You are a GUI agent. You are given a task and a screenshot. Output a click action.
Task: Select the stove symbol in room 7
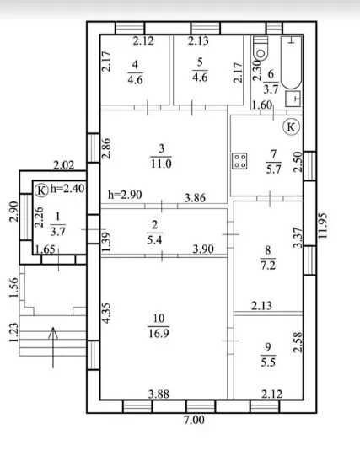pos(239,161)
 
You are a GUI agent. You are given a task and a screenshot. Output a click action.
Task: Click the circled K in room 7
pos(291,127)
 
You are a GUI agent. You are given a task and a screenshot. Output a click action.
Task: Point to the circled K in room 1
pos(41,190)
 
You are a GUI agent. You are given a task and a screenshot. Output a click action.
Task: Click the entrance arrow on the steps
pos(53,348)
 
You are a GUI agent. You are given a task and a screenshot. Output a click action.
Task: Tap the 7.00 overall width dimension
pos(194,420)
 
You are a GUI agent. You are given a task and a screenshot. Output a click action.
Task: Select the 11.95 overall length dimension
pos(323,225)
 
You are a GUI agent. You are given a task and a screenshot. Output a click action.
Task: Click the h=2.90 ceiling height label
pos(125,195)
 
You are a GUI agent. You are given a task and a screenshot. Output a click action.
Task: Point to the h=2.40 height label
pos(67,189)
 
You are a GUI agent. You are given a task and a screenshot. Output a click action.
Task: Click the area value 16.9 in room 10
pos(159,333)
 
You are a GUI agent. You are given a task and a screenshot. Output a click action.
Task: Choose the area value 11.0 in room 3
pos(161,164)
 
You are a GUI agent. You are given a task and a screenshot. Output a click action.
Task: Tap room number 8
pos(268,249)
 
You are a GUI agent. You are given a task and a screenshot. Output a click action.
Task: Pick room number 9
pos(268,347)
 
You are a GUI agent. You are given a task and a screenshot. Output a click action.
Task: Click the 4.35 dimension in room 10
pos(106,314)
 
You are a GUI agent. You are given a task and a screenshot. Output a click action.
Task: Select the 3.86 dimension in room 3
pos(195,198)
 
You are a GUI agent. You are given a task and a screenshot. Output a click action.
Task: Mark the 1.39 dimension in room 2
pos(106,242)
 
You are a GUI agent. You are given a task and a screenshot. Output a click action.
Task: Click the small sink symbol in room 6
pos(293,99)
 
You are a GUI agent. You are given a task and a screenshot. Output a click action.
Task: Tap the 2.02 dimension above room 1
pos(64,165)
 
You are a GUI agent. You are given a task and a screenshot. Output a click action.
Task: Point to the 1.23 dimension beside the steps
pos(13,333)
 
